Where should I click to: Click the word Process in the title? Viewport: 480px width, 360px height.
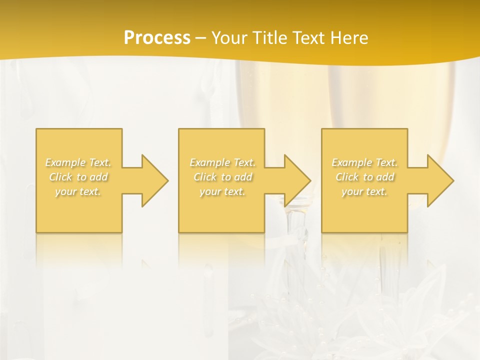157,38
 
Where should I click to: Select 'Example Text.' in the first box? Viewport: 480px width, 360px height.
78,162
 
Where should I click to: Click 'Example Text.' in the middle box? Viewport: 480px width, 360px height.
222,162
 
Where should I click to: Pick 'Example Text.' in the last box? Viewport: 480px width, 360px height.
364,162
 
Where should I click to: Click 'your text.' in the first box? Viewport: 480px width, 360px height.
78,191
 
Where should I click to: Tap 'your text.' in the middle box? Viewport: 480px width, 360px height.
222,191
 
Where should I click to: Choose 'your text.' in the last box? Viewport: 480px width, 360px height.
364,191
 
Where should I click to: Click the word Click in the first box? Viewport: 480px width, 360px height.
60,177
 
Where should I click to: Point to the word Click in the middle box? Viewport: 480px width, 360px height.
205,177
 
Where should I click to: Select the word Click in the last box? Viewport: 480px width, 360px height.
347,177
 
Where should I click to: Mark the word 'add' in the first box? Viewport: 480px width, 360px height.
99,177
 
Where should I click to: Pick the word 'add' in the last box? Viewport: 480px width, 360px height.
386,177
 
